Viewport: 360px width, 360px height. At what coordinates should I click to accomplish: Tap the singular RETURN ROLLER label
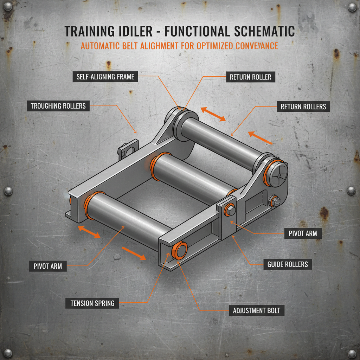pos(251,77)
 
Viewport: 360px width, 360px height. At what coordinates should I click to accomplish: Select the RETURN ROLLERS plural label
pos(303,107)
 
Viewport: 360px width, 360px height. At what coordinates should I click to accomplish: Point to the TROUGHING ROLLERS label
pos(58,105)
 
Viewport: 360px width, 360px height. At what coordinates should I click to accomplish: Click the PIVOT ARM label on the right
pos(303,233)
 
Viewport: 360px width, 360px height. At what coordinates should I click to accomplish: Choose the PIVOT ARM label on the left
pos(48,266)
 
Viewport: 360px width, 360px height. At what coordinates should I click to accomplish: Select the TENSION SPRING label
pos(92,303)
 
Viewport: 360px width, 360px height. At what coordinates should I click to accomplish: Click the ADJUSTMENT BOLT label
pos(256,311)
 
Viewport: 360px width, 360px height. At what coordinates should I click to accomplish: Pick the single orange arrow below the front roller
pos(133,253)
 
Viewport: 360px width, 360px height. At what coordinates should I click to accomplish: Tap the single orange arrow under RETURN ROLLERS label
pos(260,138)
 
